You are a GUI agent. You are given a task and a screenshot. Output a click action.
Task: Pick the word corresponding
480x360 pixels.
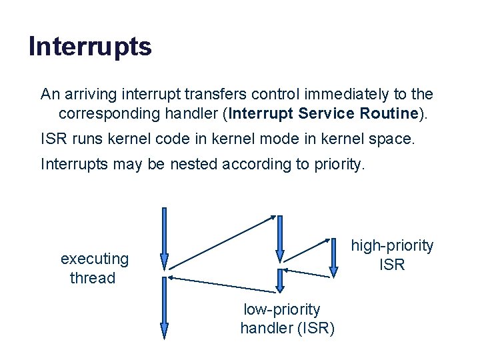point(107,113)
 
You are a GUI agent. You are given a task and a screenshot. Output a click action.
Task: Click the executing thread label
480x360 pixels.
point(94,268)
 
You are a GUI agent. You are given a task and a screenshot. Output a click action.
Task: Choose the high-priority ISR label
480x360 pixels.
point(392,255)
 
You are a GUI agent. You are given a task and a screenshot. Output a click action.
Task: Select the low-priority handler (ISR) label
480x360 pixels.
point(287,319)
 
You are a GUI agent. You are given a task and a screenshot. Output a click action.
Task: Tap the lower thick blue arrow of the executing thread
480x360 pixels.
point(165,308)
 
